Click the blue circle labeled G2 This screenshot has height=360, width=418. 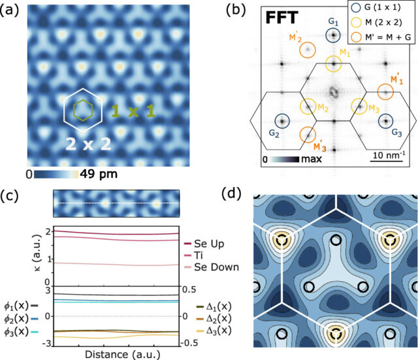click(282, 121)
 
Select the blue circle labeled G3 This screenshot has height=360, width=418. click(385, 121)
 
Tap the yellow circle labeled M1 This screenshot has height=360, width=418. click(334, 63)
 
